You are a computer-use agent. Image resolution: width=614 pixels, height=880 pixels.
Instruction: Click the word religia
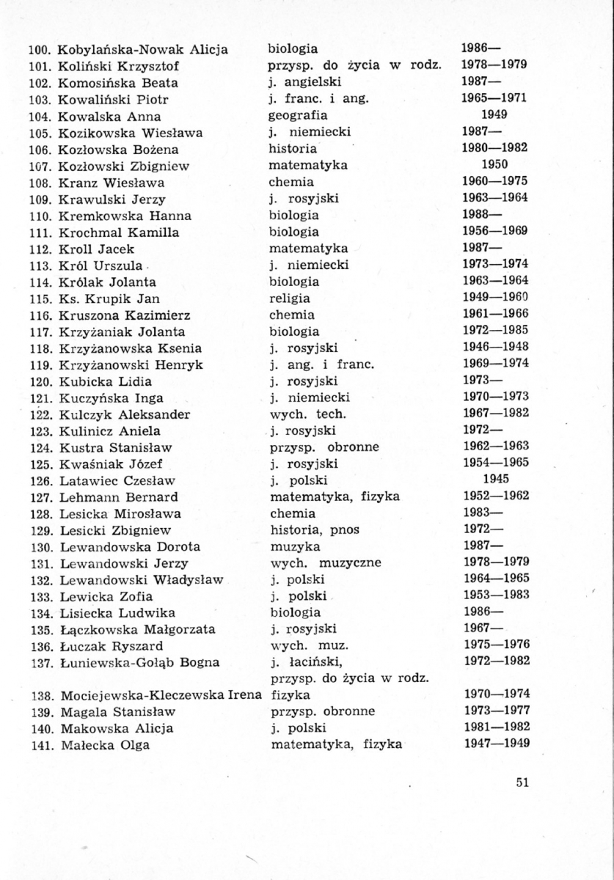(x=289, y=298)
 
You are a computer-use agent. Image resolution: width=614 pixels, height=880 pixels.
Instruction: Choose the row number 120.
(x=40, y=381)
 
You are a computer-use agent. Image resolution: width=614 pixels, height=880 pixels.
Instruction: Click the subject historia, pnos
(x=313, y=530)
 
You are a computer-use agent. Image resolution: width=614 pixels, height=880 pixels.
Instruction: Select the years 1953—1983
(x=496, y=595)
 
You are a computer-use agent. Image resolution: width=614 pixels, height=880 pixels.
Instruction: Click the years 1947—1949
(x=496, y=744)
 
